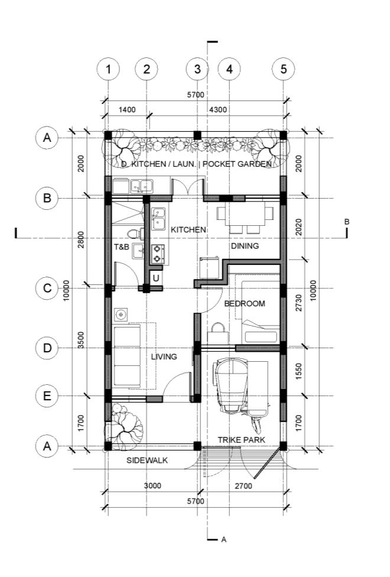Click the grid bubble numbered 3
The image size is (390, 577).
197,69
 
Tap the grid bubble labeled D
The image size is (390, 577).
47,348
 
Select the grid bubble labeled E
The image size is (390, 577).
47,396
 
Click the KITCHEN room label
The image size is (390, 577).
188,229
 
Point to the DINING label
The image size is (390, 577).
245,246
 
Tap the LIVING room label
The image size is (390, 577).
164,356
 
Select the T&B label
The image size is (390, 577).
121,247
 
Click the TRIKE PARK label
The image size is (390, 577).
241,440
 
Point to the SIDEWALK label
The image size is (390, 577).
147,461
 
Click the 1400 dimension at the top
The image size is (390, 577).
127,109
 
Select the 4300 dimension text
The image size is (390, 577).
218,109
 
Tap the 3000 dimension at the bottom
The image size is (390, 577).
152,486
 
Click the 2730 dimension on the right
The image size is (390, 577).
298,303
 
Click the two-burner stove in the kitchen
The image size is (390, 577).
158,254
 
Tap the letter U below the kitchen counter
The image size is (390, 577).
156,278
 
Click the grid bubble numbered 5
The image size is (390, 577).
283,69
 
